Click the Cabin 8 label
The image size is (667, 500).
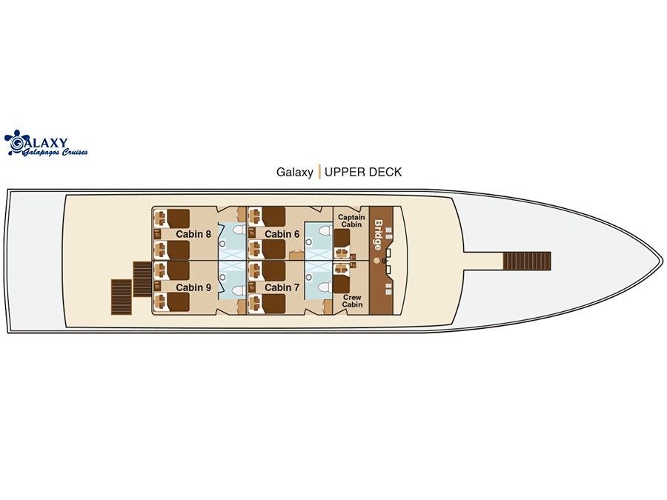193,234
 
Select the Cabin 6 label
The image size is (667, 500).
282,234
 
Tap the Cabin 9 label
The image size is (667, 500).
193,288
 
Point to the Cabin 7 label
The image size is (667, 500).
282,288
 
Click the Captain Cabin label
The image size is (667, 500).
351,221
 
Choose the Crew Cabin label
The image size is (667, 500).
352,301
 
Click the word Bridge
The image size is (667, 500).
378,235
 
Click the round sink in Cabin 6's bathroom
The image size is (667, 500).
309,242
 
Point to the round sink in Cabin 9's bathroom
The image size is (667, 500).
222,277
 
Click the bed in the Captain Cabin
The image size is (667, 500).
342,239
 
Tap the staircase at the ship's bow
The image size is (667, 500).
527,261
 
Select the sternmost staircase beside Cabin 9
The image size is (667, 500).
122,297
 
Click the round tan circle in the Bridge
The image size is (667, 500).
376,260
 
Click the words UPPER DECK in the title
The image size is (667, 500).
363,172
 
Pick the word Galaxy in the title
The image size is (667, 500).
295,172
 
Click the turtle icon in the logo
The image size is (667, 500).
15,142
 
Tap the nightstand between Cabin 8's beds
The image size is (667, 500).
157,234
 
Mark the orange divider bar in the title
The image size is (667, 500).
319,172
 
